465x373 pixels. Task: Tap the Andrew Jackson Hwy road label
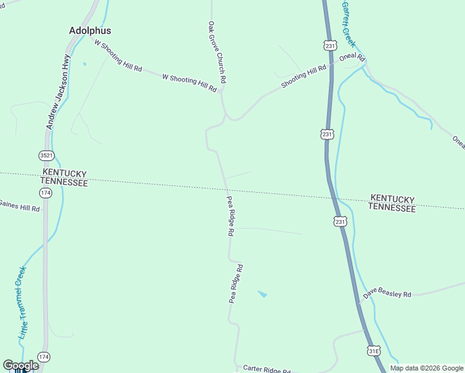pos(58,91)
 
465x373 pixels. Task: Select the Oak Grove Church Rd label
pos(217,53)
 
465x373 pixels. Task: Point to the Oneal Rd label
pos(351,57)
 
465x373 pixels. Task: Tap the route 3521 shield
pos(45,155)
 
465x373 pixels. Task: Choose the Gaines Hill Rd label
pos(19,206)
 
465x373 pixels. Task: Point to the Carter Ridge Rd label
pos(267,369)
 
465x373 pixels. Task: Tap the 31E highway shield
pos(373,351)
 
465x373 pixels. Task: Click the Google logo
pos(21,366)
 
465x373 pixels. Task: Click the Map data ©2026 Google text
pos(427,368)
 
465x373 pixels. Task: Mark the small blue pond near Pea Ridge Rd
pos(262,293)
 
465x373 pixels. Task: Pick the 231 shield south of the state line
pos(339,222)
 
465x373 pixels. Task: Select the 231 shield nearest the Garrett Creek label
pos(330,45)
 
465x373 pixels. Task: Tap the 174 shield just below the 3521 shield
pos(46,193)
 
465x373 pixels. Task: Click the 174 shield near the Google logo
pos(43,357)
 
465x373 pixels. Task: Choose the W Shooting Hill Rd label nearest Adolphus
pos(117,54)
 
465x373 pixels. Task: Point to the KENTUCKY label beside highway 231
pos(392,198)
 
